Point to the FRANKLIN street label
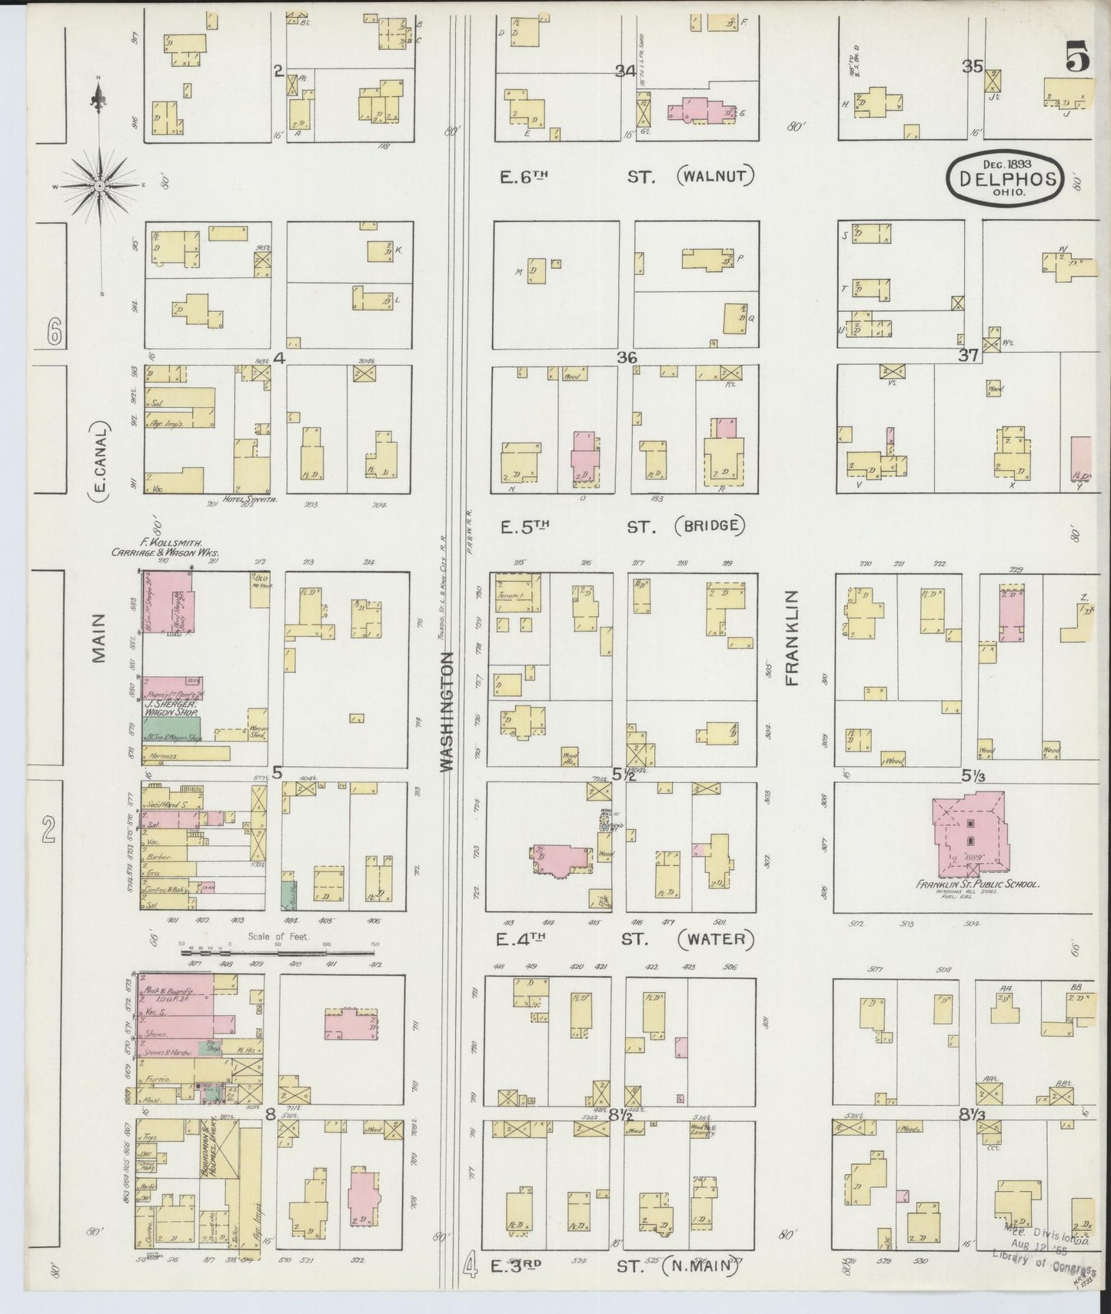pyautogui.click(x=792, y=637)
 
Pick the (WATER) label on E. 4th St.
pyautogui.click(x=715, y=938)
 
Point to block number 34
pyautogui.click(x=624, y=71)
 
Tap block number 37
pyautogui.click(x=967, y=355)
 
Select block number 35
pyautogui.click(x=972, y=67)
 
